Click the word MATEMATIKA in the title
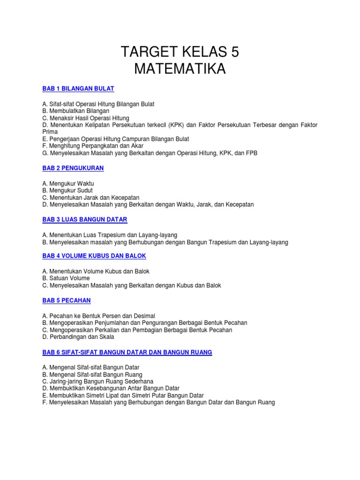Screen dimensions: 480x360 click(180, 69)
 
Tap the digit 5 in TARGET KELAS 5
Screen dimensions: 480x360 click(234, 52)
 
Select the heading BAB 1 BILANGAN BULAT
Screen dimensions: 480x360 click(78, 89)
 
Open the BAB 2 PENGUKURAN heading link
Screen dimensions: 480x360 click(73, 168)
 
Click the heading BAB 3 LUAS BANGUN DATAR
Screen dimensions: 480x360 click(84, 219)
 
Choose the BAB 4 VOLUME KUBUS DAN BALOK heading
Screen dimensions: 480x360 click(94, 256)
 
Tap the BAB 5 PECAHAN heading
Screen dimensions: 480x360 click(66, 300)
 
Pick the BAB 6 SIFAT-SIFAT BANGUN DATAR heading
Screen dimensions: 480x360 click(127, 352)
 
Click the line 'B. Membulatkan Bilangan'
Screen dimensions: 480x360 click(75, 111)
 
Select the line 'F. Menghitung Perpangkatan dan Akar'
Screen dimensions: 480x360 click(93, 146)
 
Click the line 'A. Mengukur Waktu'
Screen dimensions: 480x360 click(68, 183)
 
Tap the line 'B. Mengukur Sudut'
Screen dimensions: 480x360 click(67, 190)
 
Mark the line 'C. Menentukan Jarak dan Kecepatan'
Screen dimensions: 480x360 click(90, 197)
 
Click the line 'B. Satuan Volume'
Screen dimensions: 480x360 click(66, 278)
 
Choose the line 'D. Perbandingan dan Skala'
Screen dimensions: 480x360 click(78, 337)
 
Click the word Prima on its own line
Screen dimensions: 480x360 click(50, 132)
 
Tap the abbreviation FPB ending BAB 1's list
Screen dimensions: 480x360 click(251, 153)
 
